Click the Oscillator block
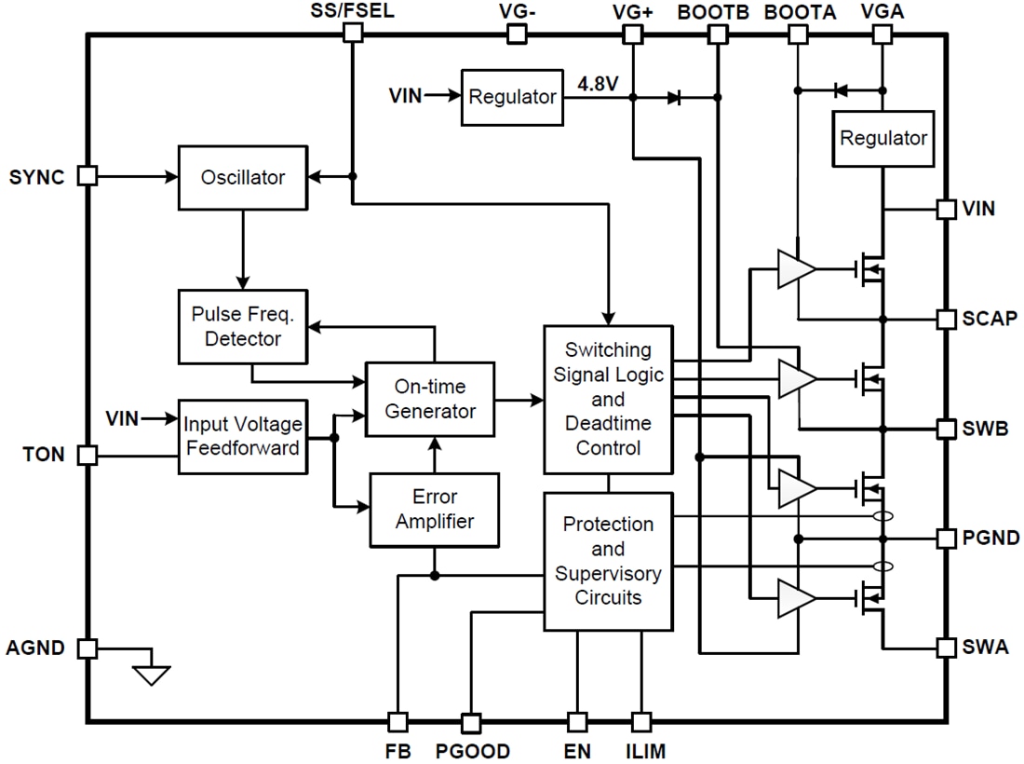tap(243, 177)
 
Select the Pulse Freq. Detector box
tap(243, 326)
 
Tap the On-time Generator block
tap(429, 399)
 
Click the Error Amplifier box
tap(434, 510)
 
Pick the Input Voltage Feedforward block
tap(243, 436)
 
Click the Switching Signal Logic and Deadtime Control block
tap(608, 399)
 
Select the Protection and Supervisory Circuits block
tap(608, 561)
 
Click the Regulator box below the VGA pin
tap(883, 138)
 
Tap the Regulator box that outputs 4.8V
tap(513, 97)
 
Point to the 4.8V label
tap(598, 84)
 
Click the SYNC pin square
tap(87, 175)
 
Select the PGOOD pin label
tap(472, 751)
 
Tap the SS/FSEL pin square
tap(352, 34)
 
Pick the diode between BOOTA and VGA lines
tap(840, 90)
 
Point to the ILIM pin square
tap(640, 722)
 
